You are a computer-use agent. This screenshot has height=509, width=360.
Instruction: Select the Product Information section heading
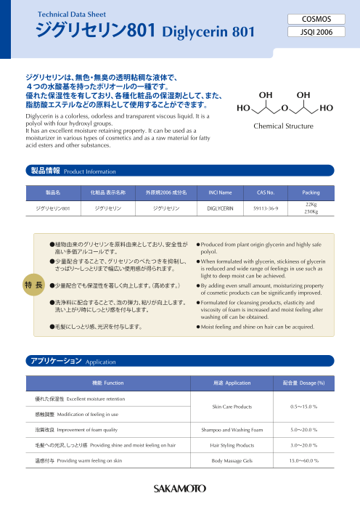pyautogui.click(x=62, y=171)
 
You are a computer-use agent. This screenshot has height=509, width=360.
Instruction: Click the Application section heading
pyautogui.click(x=66, y=360)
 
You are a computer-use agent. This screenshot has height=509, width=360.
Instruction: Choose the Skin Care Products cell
pyautogui.click(x=232, y=407)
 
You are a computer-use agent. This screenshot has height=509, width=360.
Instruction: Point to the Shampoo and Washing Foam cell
pyautogui.click(x=232, y=431)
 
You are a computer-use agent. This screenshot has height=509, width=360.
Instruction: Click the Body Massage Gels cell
pyautogui.click(x=232, y=460)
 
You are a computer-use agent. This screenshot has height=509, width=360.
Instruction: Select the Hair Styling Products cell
pyautogui.click(x=232, y=445)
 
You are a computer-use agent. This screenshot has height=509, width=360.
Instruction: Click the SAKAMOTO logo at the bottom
pyautogui.click(x=179, y=488)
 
